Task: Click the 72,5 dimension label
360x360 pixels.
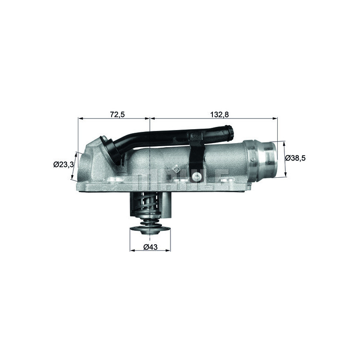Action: [x=117, y=114]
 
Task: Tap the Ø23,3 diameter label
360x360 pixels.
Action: [x=63, y=165]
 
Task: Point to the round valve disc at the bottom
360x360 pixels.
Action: [x=150, y=230]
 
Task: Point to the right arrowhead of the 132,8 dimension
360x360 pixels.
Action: [x=275, y=119]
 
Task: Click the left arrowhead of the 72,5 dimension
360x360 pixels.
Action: [x=80, y=119]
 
